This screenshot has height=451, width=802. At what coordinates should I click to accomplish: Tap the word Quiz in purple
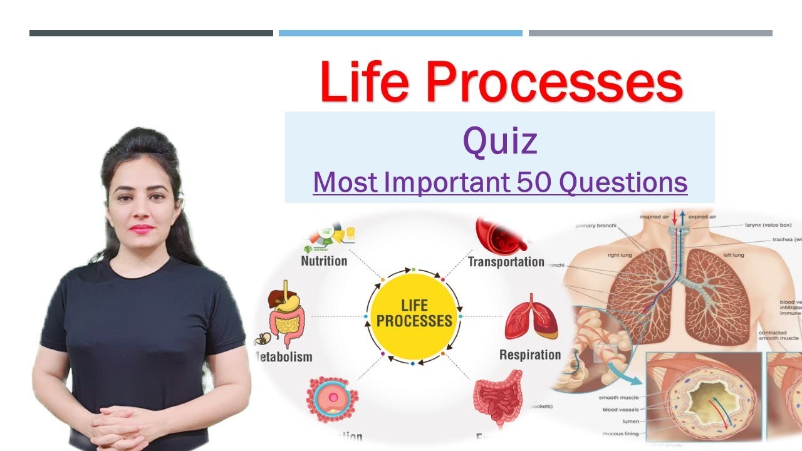499,142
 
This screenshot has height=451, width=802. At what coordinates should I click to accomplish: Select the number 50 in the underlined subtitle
536,182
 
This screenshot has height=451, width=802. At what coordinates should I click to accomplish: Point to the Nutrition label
324,261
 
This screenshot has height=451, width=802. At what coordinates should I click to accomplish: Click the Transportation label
506,262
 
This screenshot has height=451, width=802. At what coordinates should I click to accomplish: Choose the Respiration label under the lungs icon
529,355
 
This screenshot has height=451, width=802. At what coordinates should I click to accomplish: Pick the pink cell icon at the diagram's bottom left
331,398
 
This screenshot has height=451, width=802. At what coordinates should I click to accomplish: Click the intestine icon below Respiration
497,401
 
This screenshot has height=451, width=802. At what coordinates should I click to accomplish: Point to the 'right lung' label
622,256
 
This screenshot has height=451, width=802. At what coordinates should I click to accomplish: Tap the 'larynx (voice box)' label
768,225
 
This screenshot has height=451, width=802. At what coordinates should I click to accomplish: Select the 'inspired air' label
655,217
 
